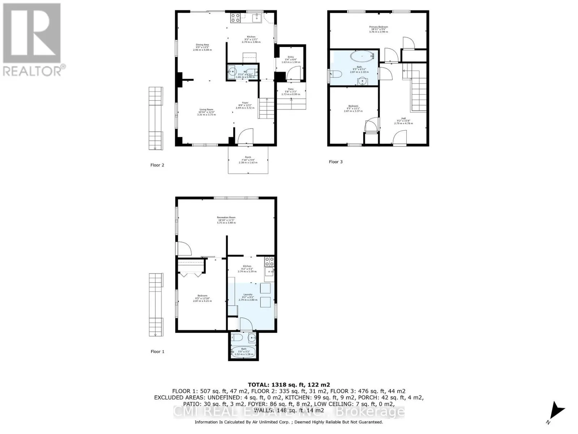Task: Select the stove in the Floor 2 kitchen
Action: click(x=235, y=18)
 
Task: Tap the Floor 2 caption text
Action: click(x=157, y=165)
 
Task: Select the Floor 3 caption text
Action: click(x=336, y=162)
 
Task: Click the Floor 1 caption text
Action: click(x=157, y=351)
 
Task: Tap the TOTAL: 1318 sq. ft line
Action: click(x=289, y=385)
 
